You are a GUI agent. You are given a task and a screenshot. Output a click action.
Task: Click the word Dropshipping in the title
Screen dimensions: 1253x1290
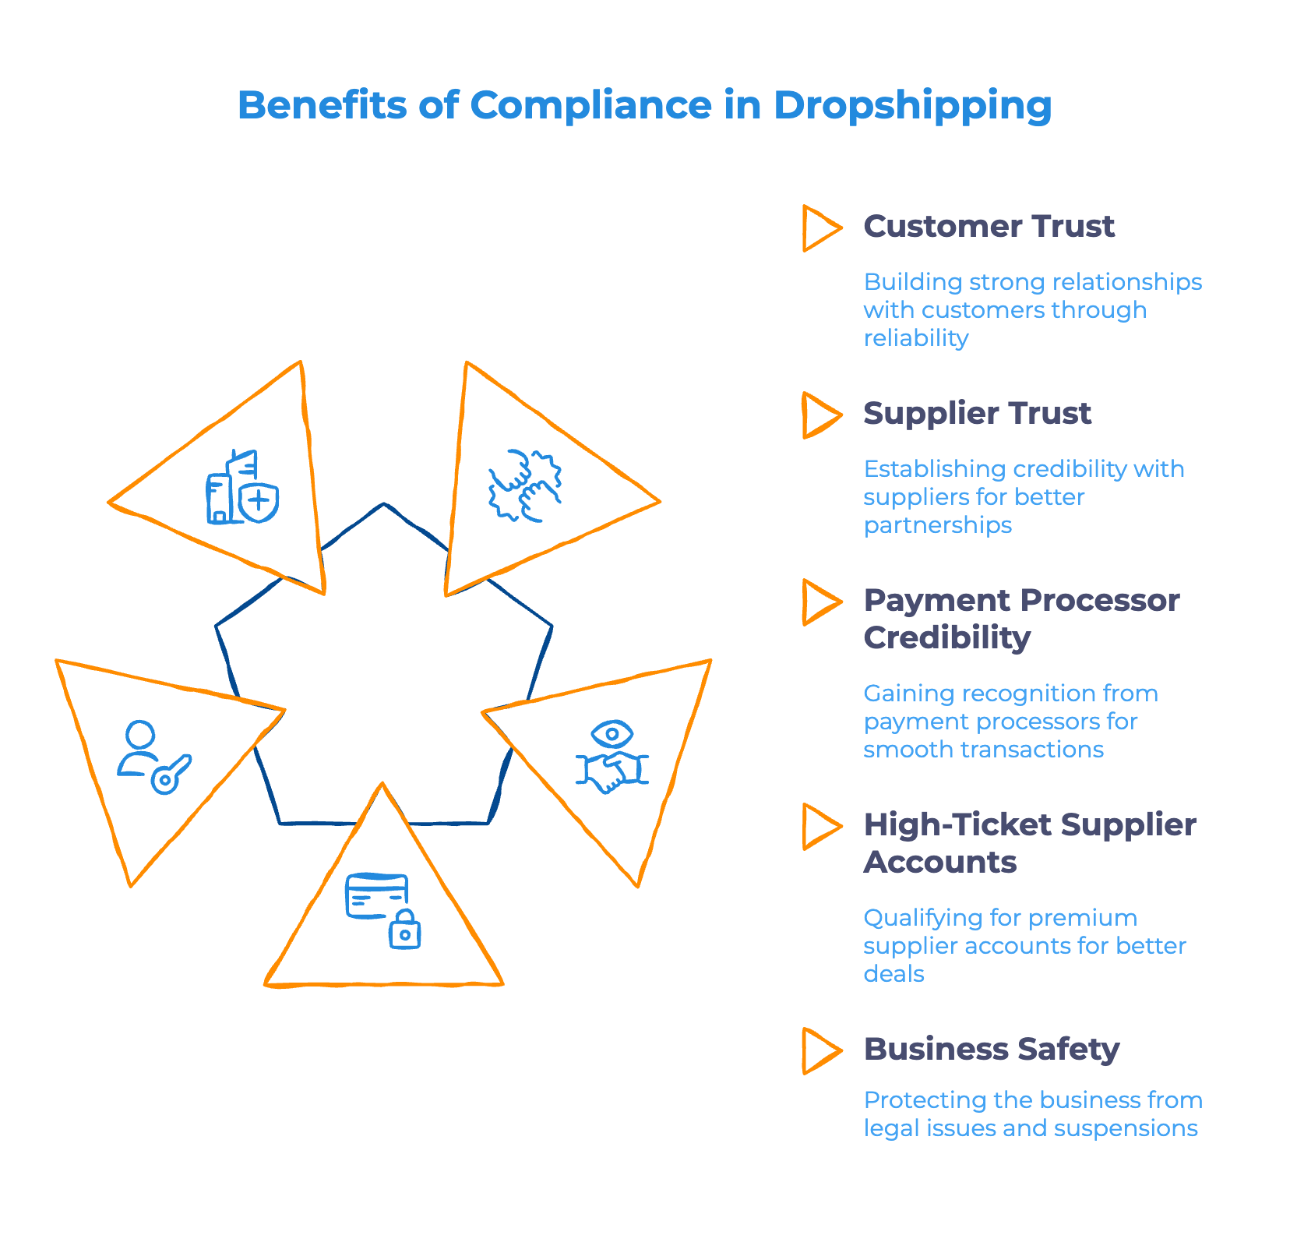[912, 106]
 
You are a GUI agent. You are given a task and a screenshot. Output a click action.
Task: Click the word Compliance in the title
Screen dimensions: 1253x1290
[590, 105]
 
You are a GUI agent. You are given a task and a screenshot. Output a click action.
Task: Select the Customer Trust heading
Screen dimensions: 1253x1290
[989, 227]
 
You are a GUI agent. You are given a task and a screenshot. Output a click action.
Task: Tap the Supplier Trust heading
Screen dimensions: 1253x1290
[977, 414]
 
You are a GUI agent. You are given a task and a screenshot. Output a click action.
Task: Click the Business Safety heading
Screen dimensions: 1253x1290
[991, 1050]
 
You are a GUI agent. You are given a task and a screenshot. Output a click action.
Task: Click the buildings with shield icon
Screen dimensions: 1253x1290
[242, 489]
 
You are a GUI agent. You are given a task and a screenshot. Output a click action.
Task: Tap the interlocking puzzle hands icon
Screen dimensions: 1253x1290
[524, 485]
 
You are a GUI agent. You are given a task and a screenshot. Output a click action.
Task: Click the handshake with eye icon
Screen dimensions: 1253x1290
[612, 757]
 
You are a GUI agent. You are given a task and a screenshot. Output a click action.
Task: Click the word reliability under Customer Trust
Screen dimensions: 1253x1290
[916, 338]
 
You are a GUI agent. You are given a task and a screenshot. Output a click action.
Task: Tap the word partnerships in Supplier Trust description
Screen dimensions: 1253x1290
[938, 525]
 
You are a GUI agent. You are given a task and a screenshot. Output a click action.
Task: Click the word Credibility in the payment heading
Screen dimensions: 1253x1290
[947, 638]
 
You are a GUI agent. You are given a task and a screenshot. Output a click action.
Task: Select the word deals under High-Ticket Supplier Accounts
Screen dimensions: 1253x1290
[893, 974]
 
